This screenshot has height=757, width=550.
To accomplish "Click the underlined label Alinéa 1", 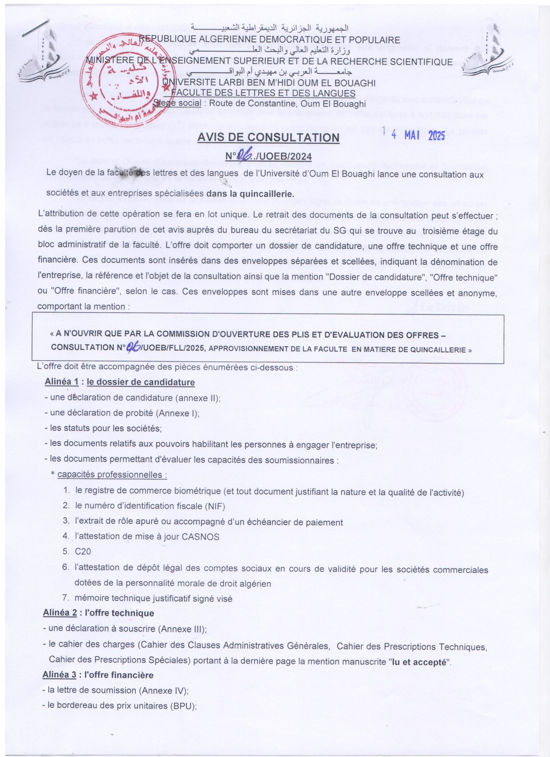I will click(x=61, y=382).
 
